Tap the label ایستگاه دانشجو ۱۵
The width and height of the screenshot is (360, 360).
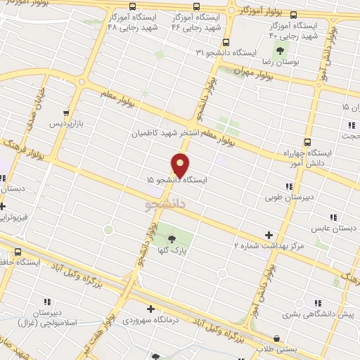178,181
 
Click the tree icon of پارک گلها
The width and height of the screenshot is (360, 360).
172,239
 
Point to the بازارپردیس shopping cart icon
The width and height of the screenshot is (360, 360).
65,112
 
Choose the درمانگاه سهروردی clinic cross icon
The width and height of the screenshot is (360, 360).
150,308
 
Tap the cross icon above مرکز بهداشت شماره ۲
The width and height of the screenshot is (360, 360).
269,235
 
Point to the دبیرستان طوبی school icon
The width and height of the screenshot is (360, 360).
289,186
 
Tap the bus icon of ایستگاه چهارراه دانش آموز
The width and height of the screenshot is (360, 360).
307,141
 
